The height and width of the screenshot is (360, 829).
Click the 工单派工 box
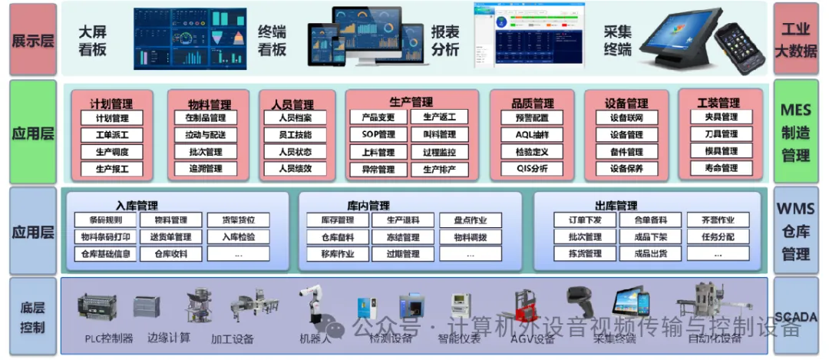click(112, 135)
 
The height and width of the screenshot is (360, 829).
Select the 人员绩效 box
click(296, 168)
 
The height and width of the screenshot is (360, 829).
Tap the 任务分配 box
click(718, 237)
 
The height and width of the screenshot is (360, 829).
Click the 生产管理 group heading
click(411, 102)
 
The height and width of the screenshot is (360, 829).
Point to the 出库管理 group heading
click(616, 206)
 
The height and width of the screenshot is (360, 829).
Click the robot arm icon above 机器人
click(313, 306)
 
